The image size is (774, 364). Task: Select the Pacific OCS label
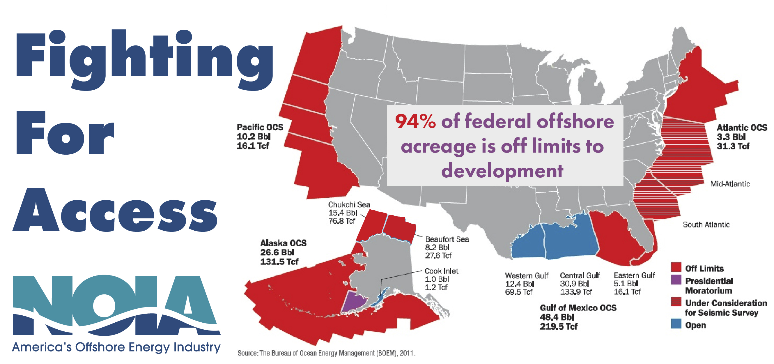[x=260, y=128]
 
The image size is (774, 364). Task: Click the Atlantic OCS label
[x=742, y=128]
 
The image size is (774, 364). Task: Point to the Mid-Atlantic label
[x=730, y=184]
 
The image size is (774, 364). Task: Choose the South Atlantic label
[x=706, y=225]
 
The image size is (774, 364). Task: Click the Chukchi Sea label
[x=349, y=205]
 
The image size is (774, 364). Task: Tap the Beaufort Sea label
[x=447, y=239]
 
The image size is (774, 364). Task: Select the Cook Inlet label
[x=441, y=271]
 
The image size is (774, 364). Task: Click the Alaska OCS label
[x=283, y=243]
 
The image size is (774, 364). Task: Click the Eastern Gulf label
[x=634, y=275]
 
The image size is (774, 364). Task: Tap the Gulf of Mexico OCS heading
[x=578, y=308]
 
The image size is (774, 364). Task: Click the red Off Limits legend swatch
[x=676, y=267]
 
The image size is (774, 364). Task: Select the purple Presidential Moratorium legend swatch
[x=676, y=280]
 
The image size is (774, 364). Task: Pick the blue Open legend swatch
[x=676, y=324]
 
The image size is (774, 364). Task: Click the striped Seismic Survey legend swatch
[x=676, y=302]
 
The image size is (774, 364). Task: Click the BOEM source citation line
[x=327, y=353]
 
